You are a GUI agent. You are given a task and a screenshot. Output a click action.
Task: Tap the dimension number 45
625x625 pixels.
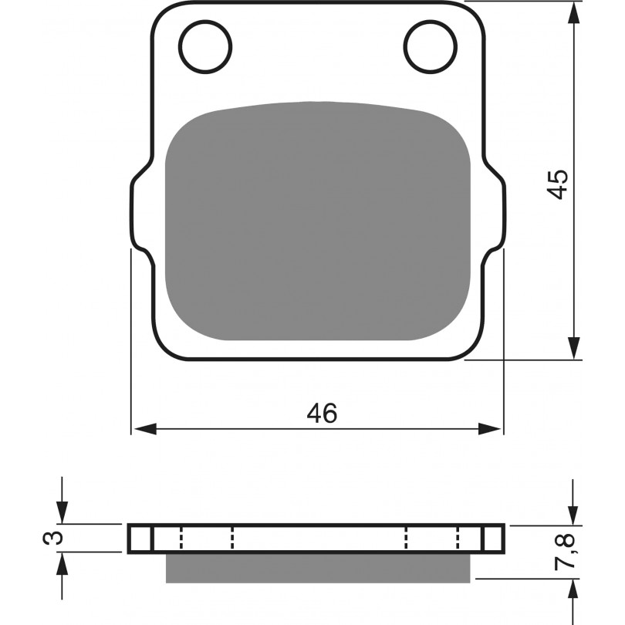click(557, 184)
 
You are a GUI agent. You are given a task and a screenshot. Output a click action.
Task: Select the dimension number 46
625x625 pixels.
click(322, 413)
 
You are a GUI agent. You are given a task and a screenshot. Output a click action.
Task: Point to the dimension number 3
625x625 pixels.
click(53, 538)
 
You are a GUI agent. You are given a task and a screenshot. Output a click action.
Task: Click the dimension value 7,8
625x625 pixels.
click(564, 551)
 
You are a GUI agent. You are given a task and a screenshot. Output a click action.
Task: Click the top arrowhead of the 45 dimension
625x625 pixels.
click(573, 14)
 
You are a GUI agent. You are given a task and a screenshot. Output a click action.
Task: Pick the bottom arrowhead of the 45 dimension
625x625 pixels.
click(573, 348)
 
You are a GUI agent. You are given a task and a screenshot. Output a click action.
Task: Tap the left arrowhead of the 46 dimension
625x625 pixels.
click(146, 429)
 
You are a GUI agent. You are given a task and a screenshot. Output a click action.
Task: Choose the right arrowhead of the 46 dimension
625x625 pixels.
click(489, 429)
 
